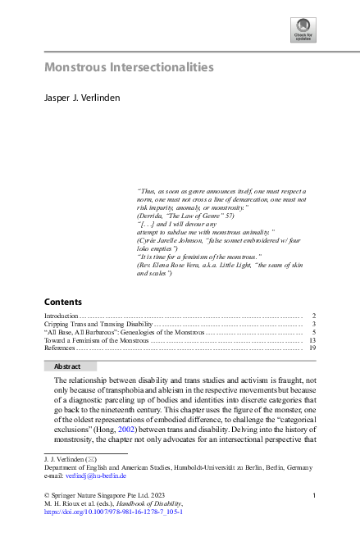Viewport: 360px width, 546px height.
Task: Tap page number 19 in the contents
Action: coord(312,348)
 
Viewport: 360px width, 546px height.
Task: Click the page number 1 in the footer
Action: coord(316,495)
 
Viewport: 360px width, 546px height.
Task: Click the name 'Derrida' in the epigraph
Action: coord(150,214)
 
